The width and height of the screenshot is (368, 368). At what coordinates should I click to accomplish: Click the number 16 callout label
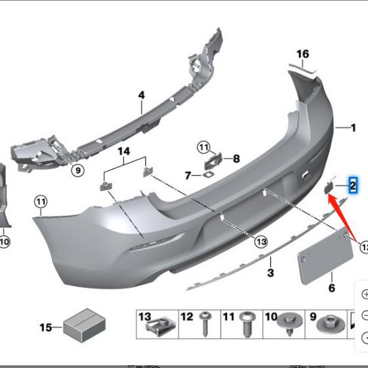[302, 53]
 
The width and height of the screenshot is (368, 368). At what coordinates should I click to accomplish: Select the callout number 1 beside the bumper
[353, 128]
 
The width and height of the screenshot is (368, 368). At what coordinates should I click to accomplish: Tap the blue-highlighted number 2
[352, 186]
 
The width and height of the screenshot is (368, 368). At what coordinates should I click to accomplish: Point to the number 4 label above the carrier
[140, 95]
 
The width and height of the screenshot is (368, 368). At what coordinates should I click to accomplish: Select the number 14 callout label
[124, 152]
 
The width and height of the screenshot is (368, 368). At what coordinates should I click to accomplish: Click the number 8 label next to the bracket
[236, 158]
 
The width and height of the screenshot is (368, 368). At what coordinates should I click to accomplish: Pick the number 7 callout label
[188, 176]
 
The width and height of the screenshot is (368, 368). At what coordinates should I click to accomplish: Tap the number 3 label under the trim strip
[270, 272]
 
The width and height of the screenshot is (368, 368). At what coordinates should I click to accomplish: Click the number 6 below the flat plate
[332, 288]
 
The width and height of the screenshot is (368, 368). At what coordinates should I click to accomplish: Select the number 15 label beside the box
[46, 327]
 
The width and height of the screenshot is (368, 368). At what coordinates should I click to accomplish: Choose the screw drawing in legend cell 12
[205, 323]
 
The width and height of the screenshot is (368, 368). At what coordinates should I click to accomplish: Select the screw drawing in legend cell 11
[247, 323]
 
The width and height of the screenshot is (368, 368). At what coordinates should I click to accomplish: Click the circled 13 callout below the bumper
[261, 242]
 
